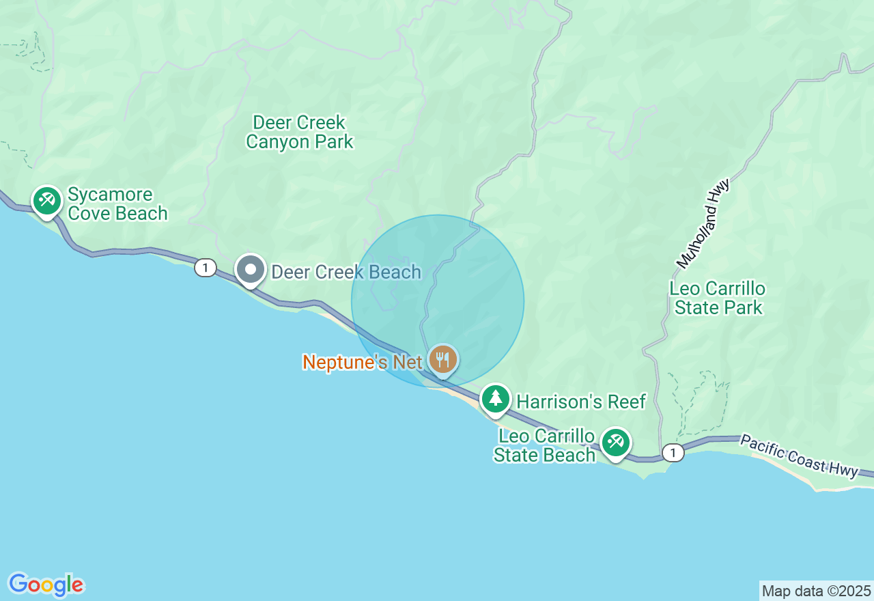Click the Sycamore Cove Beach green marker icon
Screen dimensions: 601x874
(x=46, y=201)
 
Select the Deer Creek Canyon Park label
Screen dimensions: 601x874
(x=300, y=132)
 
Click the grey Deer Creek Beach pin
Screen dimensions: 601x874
(x=251, y=270)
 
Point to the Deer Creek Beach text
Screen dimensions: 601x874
(x=346, y=272)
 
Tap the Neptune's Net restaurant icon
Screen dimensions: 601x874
(x=443, y=359)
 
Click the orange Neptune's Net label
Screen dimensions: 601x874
(x=363, y=362)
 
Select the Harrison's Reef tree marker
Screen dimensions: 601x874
(x=495, y=398)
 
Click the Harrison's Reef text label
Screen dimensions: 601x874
(x=581, y=402)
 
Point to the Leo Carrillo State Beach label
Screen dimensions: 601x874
(x=544, y=446)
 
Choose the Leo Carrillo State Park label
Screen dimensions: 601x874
(x=718, y=298)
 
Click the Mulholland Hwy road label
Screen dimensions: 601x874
(x=703, y=224)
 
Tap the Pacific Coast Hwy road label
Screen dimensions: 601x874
(x=799, y=456)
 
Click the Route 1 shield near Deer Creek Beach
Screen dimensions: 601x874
(x=205, y=268)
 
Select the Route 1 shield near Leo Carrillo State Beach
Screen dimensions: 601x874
(x=673, y=453)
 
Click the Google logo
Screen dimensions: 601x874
(x=46, y=585)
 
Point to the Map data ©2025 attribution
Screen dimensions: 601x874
(x=816, y=591)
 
